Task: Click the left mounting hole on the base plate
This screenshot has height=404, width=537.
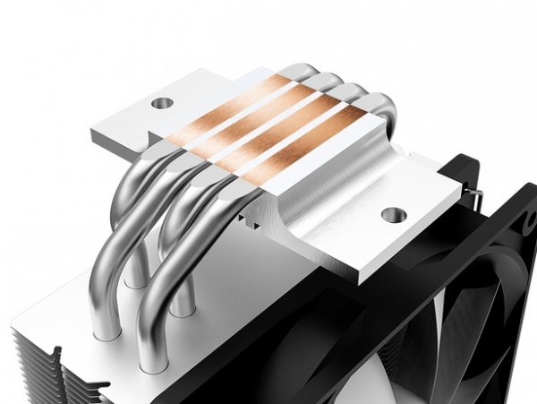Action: pos(161,103)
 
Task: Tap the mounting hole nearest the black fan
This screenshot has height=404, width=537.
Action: pos(391,215)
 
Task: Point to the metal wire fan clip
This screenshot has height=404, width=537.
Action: pos(476,192)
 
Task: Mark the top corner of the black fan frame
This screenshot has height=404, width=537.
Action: pos(465,159)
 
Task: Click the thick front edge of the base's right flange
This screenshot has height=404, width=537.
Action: pos(358,260)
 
